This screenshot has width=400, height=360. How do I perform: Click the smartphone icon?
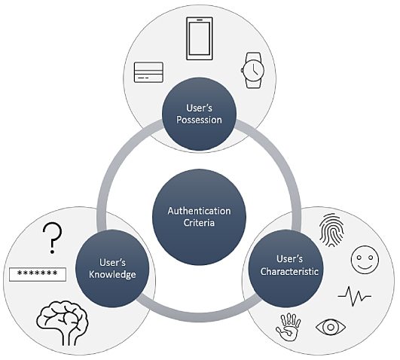coord(200,38)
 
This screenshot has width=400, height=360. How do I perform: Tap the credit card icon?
coord(148,72)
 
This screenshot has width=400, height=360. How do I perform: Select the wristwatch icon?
coord(253,70)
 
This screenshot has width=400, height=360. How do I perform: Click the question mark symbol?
coord(53,238)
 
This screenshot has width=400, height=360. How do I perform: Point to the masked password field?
coord(38,274)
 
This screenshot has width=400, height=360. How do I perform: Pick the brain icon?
coord(63,322)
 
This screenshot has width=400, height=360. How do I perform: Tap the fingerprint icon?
coord(331,230)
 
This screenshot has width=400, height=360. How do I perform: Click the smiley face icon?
coord(365,260)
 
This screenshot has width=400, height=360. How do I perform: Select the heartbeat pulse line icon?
coord(355,296)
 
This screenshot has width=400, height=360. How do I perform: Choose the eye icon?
coord(331,327)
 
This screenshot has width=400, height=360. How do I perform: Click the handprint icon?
coord(289,327)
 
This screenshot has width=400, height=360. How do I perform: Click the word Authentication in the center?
coord(199,211)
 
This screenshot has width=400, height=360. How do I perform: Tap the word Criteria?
coord(199,223)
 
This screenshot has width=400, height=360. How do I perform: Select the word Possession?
coord(199,120)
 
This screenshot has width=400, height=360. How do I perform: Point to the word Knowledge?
coord(112,275)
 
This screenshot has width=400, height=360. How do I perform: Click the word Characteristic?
coord(289,271)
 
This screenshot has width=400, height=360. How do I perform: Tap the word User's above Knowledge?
coord(112,263)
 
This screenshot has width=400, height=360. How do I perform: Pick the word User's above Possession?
coord(199,108)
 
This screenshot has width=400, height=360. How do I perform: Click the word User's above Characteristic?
coord(289,259)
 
